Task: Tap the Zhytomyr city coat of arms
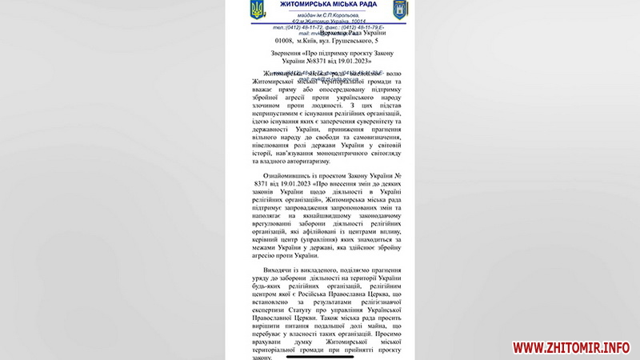click(x=400, y=10)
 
